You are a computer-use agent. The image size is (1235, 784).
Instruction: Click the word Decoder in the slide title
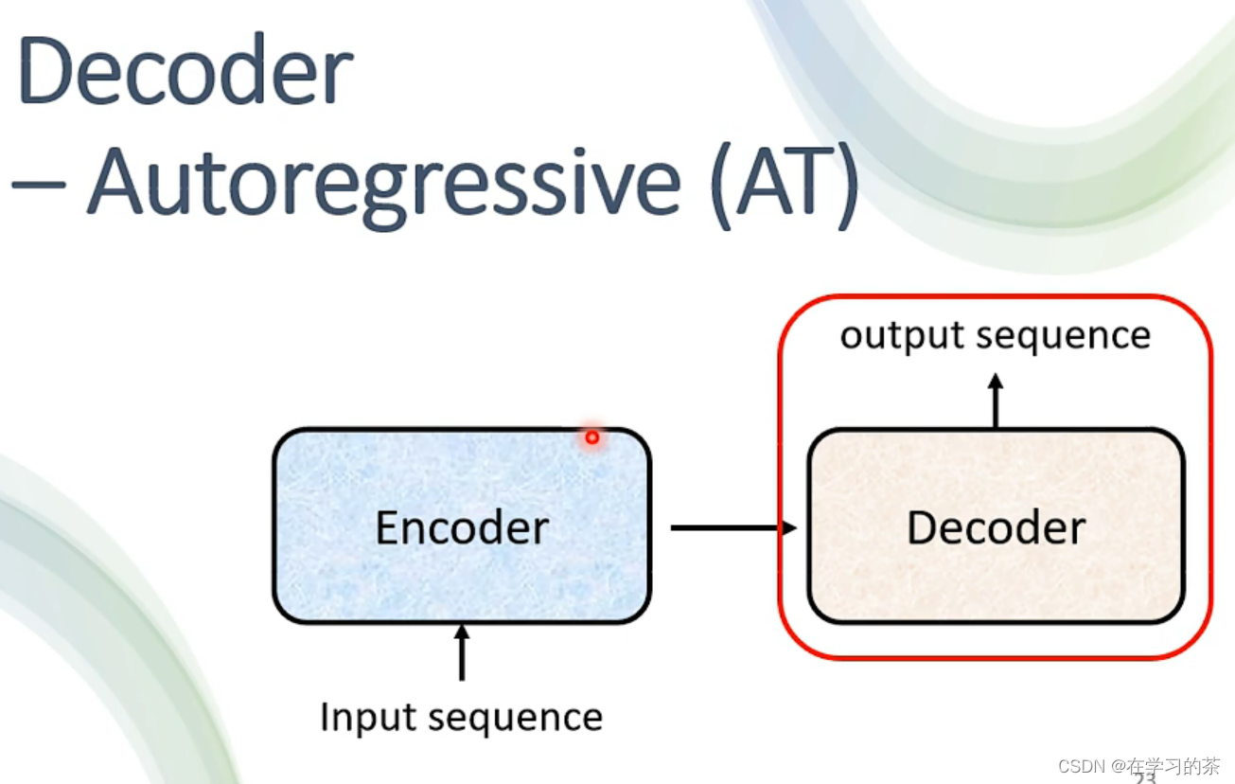185,73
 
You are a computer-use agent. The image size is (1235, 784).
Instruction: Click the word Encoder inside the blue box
462,527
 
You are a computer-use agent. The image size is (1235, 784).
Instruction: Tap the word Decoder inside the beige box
996,527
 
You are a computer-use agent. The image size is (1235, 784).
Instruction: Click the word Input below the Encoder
358,717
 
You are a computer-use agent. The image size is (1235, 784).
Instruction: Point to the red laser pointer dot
592,437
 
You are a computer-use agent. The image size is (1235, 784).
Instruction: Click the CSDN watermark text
1083,765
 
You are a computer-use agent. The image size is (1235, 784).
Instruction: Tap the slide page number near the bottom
1145,778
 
